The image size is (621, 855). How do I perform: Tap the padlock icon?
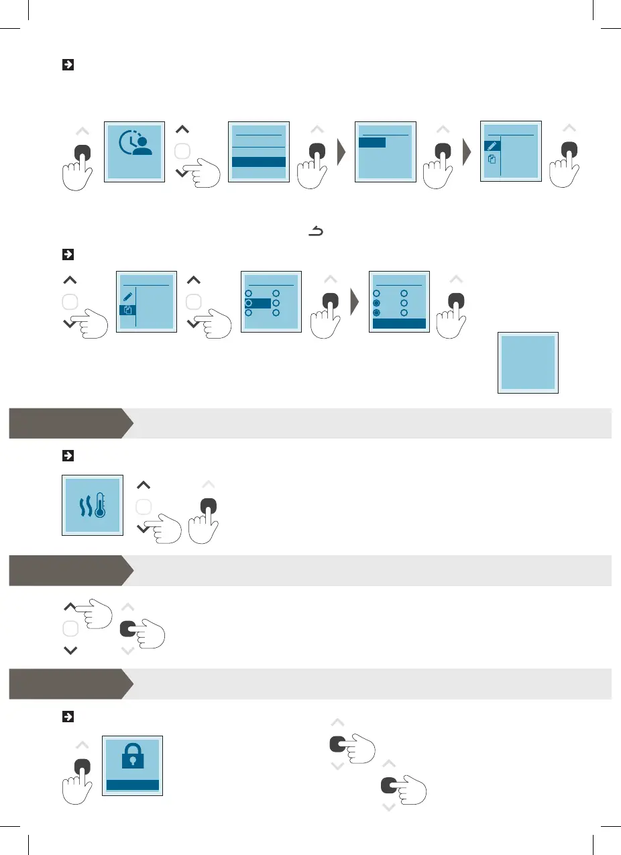132,758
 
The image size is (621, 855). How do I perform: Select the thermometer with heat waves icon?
93,506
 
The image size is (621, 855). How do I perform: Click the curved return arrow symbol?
315,232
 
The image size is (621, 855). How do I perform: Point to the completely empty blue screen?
528,362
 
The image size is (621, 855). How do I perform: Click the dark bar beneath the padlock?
132,785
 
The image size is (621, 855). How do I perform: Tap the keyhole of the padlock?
132,762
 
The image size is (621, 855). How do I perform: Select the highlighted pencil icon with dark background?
492,146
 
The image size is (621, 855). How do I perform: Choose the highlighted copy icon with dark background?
127,310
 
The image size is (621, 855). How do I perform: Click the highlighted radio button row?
258,304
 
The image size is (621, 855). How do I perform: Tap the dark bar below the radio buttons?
400,323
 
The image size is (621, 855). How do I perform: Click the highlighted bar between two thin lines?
259,162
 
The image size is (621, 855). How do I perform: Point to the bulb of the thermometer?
100,513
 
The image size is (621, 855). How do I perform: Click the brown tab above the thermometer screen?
70,423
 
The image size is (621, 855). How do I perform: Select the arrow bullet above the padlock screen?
67,717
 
